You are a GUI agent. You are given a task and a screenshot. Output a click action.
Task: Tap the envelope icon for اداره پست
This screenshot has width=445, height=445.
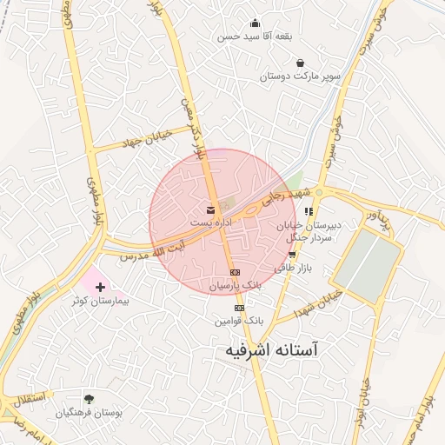coord(211,210)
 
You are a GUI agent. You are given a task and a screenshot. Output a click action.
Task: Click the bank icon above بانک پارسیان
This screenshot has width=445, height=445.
coord(235,271)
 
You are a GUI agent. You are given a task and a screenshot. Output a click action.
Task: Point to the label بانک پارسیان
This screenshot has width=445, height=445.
coord(235,284)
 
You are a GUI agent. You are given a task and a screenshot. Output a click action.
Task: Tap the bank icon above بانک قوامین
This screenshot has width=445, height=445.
coord(239,308)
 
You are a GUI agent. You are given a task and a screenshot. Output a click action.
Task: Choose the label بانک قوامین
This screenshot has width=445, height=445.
coord(239,321)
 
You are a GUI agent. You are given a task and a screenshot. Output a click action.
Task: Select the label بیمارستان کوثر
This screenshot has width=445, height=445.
coord(99,301)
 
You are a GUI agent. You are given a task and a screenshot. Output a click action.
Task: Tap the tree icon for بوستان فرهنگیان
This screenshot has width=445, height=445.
coord(89,398)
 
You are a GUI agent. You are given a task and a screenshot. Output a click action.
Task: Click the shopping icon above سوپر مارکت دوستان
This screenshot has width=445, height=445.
coord(300,63)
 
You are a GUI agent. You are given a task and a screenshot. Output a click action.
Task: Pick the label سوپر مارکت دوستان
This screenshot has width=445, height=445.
coord(300,76)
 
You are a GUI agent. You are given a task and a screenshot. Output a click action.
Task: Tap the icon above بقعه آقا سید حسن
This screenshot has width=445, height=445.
coord(255,23)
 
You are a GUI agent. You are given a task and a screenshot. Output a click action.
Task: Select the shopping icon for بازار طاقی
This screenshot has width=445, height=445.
coord(292,255)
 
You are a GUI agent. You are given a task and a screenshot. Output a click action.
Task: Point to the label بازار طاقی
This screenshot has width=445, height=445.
coord(292,269)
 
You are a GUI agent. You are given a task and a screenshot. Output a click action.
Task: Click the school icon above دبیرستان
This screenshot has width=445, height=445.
coord(309,211)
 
